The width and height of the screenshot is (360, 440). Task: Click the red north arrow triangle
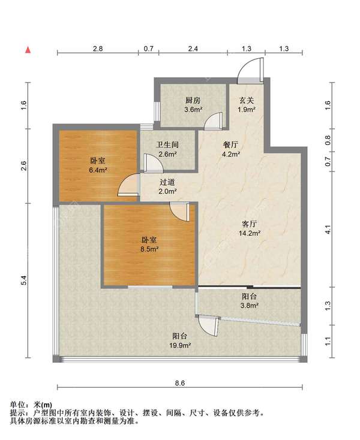28,50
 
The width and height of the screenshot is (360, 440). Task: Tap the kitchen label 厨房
193,101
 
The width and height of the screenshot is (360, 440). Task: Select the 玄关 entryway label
247,100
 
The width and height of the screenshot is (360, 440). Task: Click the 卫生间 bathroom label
167,145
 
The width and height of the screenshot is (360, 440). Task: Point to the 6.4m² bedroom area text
97,170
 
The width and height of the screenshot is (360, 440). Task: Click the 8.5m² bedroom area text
149,249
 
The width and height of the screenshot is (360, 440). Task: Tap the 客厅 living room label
250,224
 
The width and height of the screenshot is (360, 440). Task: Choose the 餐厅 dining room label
230,145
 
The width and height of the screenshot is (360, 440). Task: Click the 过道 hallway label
167,182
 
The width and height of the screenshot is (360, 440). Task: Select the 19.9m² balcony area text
180,345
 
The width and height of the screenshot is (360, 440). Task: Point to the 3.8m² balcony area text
250,306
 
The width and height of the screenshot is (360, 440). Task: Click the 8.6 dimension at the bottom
180,383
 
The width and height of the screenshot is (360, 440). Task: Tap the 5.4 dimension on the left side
24,281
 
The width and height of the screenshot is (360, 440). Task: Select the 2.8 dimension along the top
98,49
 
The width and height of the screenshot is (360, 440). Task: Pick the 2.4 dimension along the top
193,49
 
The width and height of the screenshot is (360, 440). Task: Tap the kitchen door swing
209,117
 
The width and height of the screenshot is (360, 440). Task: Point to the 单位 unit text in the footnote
17,405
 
